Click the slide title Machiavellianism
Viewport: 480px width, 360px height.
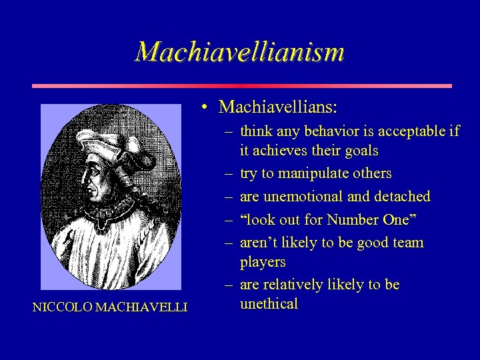click(239, 51)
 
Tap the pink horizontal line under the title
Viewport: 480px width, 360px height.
click(242, 86)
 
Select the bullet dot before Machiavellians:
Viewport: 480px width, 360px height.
click(208, 107)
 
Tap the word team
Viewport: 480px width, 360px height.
click(408, 243)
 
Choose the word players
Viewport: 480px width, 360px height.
click(263, 262)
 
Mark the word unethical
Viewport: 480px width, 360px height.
click(269, 304)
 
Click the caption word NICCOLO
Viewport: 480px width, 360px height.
click(61, 307)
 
